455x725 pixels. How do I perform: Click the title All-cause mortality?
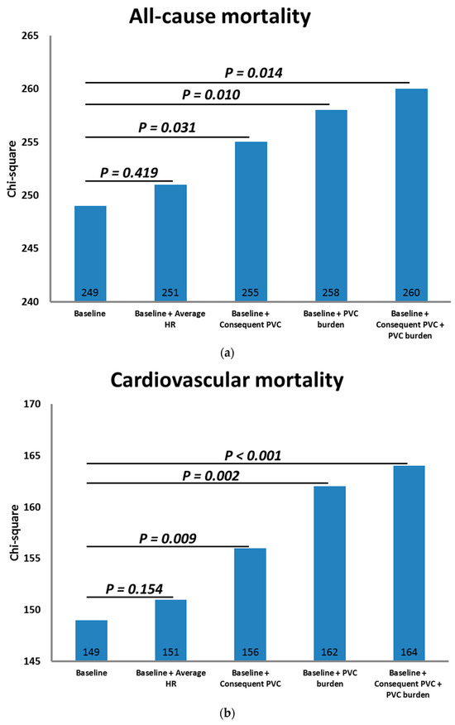pos(236,16)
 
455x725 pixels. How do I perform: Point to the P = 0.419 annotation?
pos(132,173)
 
